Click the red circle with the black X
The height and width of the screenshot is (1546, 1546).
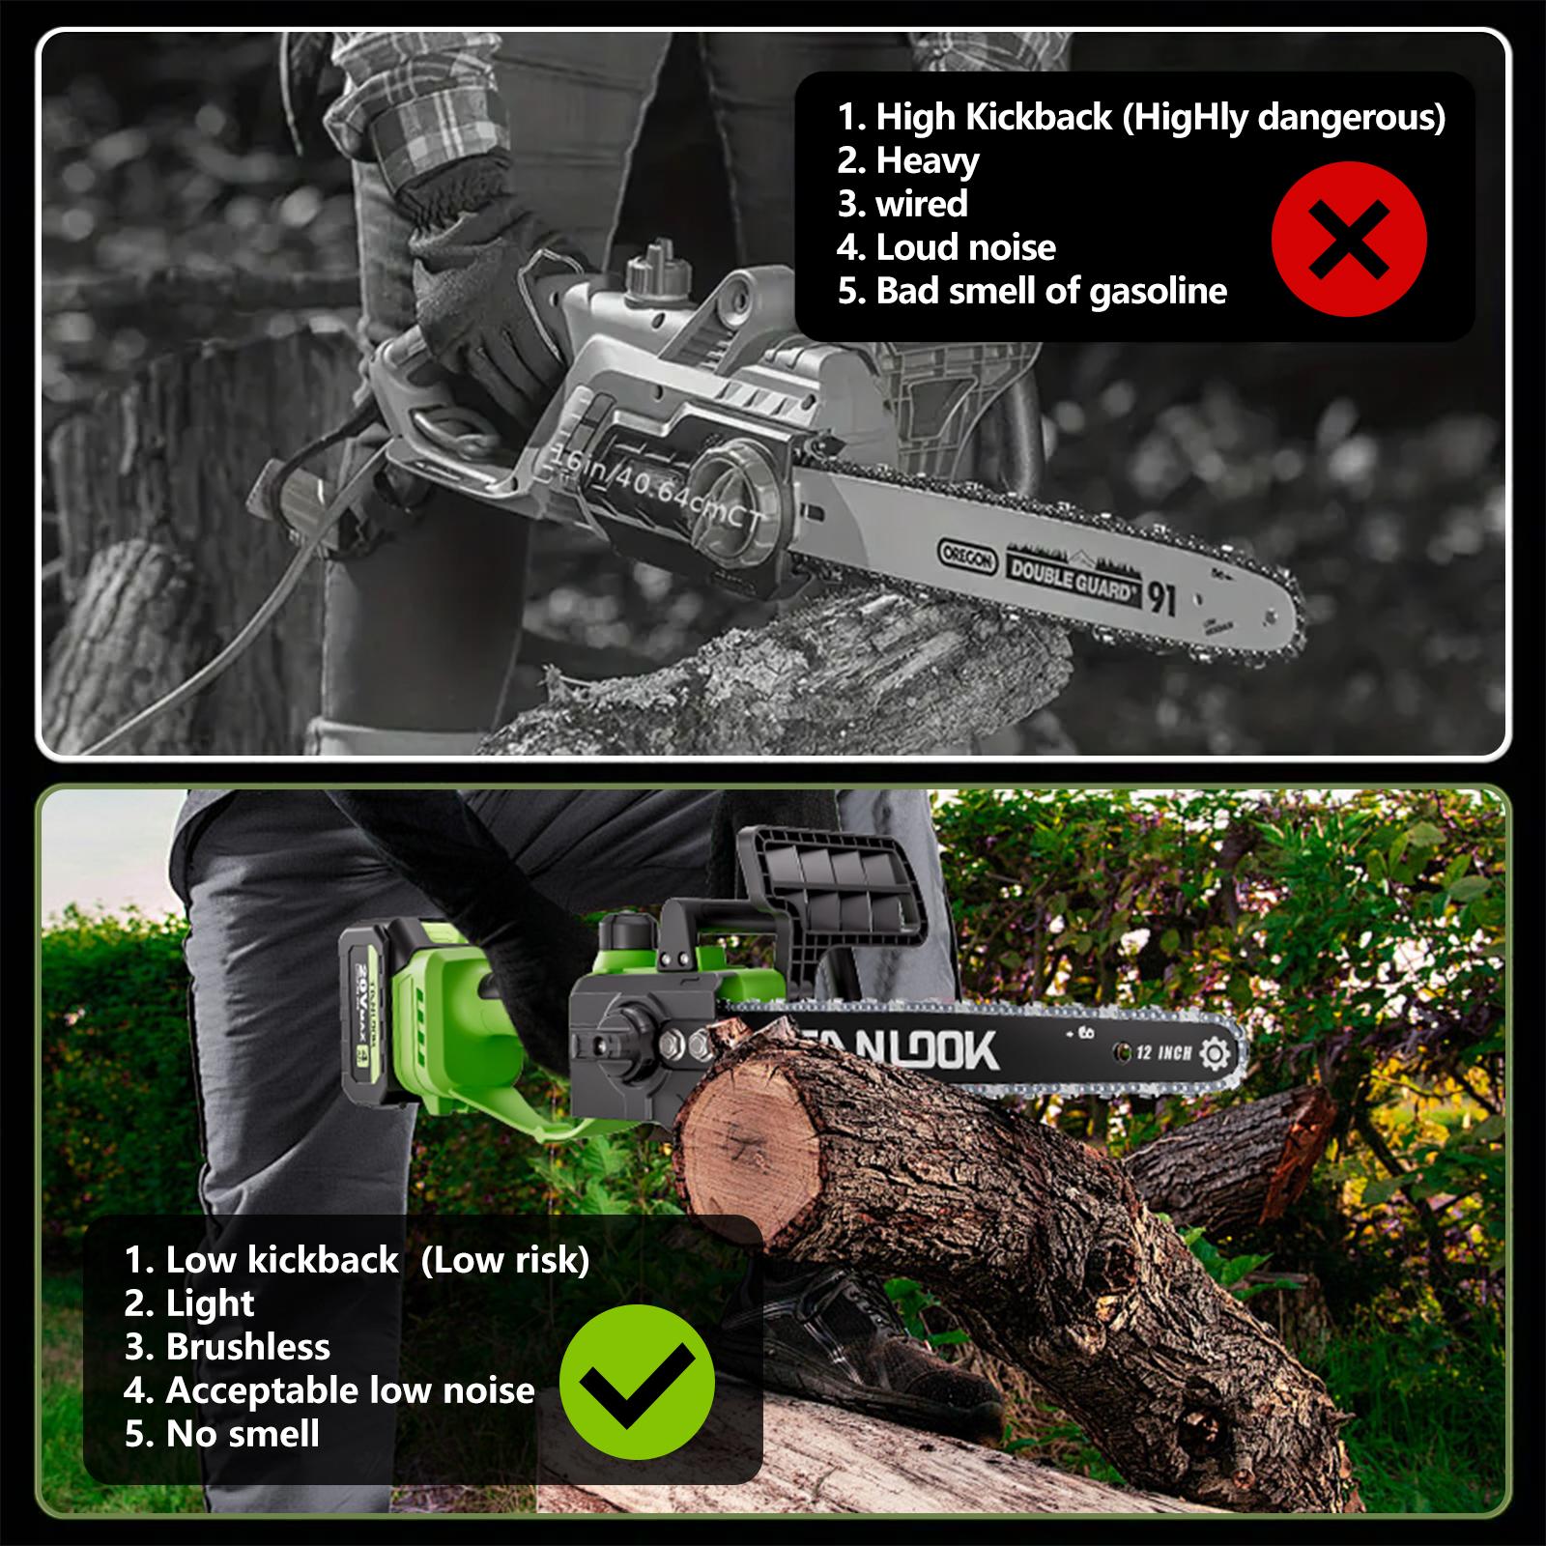pyautogui.click(x=1349, y=239)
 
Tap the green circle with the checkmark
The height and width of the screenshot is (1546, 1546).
pyautogui.click(x=638, y=1382)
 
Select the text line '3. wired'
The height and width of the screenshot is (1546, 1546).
pyautogui.click(x=902, y=204)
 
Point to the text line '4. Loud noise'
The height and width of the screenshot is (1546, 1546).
pyautogui.click(x=947, y=247)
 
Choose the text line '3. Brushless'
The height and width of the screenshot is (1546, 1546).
pyautogui.click(x=227, y=1347)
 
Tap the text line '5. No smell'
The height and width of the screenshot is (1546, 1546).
pyautogui.click(x=222, y=1434)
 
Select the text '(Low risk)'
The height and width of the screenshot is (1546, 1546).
pyautogui.click(x=505, y=1260)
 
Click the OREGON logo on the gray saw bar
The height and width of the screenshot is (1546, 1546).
pyautogui.click(x=967, y=558)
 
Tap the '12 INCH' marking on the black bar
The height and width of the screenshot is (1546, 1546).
pyautogui.click(x=1163, y=1052)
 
